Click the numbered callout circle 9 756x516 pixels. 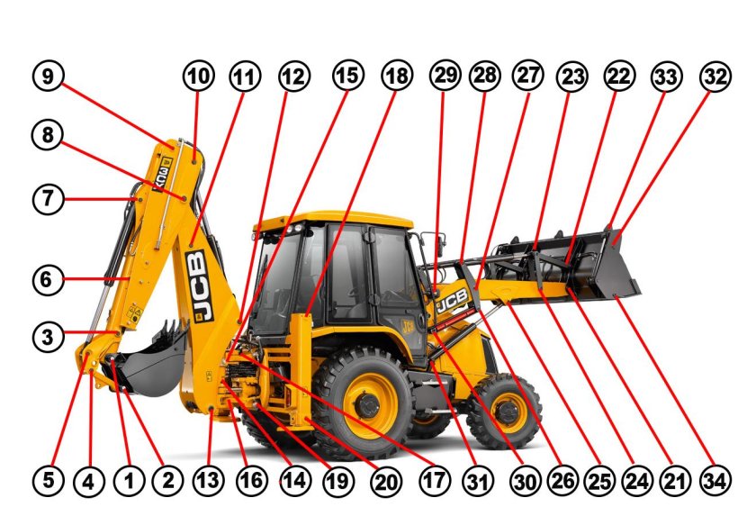(49, 77)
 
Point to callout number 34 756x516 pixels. (716, 482)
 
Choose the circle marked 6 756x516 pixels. (49, 280)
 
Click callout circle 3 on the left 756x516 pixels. (49, 338)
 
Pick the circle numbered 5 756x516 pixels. (49, 482)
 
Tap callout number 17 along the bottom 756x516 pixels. (434, 482)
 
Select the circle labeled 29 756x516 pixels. (445, 77)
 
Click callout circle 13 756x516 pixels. (208, 482)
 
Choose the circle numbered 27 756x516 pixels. (528, 77)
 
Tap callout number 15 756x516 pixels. (346, 77)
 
